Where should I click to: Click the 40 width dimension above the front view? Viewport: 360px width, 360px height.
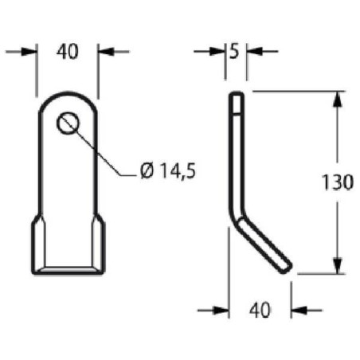click(68, 52)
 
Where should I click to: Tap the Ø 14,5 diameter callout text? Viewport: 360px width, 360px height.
click(167, 170)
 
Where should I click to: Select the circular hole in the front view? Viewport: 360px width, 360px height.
click(68, 123)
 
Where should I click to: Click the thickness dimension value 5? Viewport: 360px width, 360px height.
click(234, 52)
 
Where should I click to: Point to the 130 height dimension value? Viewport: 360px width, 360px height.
click(338, 182)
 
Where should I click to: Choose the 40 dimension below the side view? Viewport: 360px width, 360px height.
click(259, 309)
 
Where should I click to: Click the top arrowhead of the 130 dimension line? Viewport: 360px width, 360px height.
click(338, 99)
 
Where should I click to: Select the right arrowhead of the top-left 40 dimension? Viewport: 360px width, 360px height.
click(104, 52)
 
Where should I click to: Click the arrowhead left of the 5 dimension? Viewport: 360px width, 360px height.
click(222, 52)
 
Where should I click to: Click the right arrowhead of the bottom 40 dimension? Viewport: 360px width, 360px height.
click(295, 310)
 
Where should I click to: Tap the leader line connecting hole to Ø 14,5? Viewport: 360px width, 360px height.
click(104, 154)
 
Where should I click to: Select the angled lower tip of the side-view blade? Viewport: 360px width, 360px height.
click(286, 267)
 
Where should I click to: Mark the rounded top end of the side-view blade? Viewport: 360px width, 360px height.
click(237, 95)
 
